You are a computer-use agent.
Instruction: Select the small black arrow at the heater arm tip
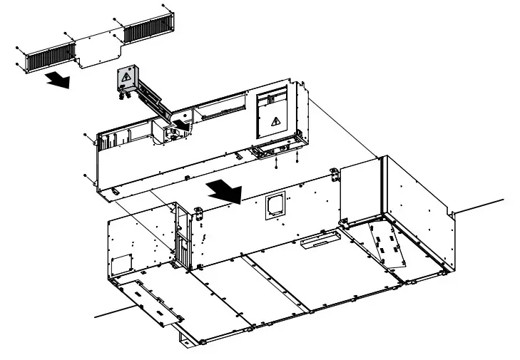tap(184, 125)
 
